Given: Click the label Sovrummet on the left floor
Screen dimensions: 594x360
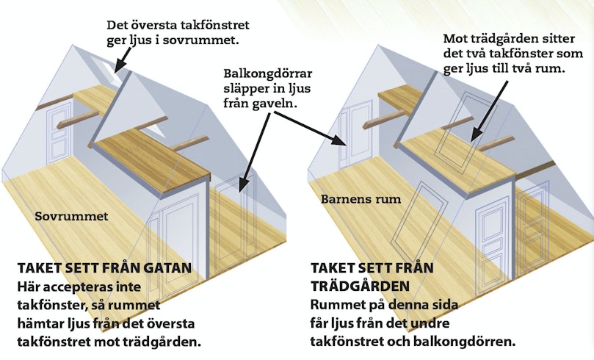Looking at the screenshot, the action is click(x=71, y=216).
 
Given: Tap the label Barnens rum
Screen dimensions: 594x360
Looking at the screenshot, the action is click(x=361, y=199).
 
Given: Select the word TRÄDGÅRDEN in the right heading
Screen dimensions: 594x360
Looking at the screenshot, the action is click(x=361, y=286).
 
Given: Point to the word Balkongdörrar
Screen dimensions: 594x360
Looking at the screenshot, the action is click(x=268, y=73).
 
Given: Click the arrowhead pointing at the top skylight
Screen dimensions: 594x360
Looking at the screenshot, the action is click(x=118, y=66).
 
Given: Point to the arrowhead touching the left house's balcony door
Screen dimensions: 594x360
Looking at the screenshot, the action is click(x=243, y=184).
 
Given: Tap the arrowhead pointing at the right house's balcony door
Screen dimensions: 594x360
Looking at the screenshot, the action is click(x=339, y=140).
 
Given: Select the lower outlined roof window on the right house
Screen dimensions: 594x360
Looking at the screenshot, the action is click(x=419, y=219).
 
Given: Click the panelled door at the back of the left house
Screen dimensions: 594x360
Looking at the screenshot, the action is click(x=59, y=134).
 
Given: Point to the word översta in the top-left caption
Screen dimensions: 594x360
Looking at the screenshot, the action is click(x=151, y=25).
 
